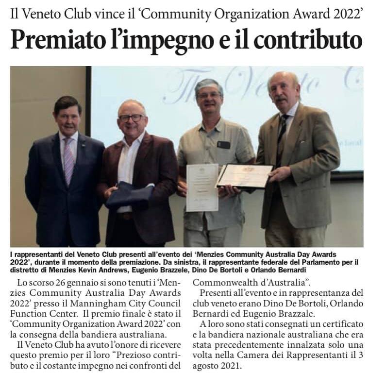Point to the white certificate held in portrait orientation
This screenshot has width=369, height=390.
tap(202, 187)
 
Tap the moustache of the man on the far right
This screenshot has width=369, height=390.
tap(282, 100)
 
